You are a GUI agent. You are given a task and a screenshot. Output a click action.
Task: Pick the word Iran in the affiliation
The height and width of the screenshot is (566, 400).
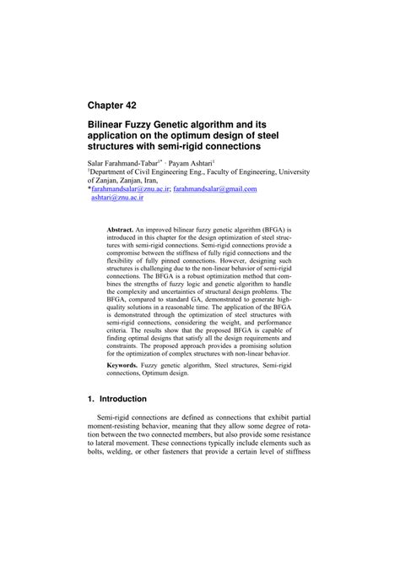170,179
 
